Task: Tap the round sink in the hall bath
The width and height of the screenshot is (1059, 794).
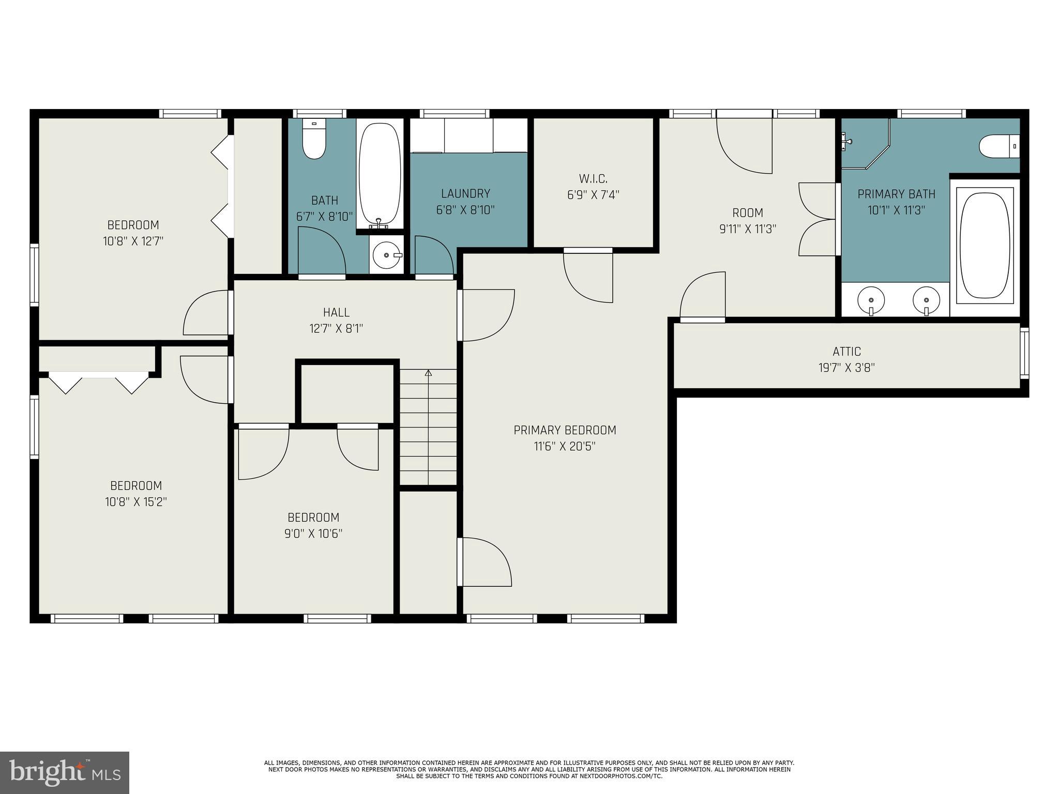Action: coord(386,255)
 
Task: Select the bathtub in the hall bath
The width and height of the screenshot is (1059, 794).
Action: coord(380,174)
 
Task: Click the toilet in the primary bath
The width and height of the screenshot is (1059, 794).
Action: coord(998,146)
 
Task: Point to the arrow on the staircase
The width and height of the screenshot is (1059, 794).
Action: coord(428,373)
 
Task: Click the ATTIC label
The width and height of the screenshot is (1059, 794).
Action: coord(846,352)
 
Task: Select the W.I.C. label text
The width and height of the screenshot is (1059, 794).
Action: coord(593,179)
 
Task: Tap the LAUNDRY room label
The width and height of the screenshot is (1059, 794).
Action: coord(465,193)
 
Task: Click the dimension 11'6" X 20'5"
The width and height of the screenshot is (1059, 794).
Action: coord(565,446)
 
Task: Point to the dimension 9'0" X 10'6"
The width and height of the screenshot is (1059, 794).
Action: coord(313,533)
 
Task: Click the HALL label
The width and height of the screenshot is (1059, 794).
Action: coord(336,312)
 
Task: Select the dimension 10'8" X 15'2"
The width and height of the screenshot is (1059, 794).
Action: coord(136,502)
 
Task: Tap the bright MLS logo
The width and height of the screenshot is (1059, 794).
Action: coord(65,772)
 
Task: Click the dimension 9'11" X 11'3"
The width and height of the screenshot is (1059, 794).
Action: coord(748,229)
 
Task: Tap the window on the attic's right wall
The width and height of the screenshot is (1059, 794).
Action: coord(1024,353)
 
